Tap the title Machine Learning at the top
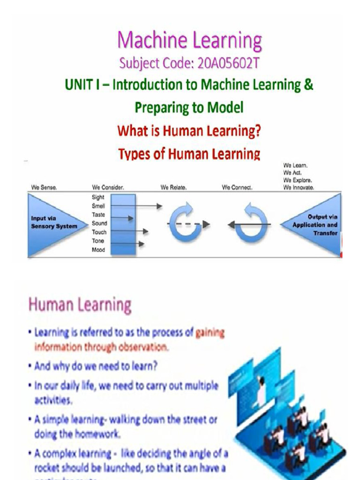pos(189,40)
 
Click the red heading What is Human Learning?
pos(189,131)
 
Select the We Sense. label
pos(44,187)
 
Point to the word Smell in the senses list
pos(98,206)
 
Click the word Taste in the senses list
pos(98,215)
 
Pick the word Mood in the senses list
pos(98,250)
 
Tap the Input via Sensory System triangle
pos(52,223)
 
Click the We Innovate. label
pos(299,187)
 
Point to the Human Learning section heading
pos(80,305)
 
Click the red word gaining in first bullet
pos(210,333)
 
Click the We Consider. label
pos(108,187)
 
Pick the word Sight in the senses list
pos(98,197)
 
